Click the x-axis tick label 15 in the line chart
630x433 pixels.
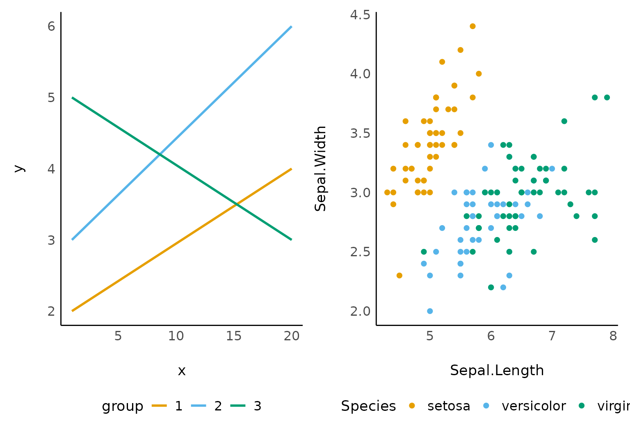[234, 336]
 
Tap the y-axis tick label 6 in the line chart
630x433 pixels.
[51, 26]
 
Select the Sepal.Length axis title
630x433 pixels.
[497, 370]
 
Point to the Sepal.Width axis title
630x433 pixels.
[320, 169]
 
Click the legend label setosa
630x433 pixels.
[449, 406]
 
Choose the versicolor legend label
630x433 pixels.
[534, 406]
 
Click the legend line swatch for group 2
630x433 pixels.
[199, 406]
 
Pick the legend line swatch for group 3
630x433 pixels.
[238, 406]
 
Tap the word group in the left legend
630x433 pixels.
[123, 406]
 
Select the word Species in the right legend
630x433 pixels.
[368, 406]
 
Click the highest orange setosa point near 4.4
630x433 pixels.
[472, 26]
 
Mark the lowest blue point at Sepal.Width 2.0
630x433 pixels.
[430, 311]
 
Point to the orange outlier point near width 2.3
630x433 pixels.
[399, 276]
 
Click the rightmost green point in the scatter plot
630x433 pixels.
[607, 98]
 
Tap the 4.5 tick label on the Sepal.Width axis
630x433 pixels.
[360, 15]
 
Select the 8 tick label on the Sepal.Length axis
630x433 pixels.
[613, 336]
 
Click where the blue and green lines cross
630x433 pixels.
[160, 154]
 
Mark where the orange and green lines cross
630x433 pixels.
[237, 204]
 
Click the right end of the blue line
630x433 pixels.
[291, 27]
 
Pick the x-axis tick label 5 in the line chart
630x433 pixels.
[118, 336]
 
